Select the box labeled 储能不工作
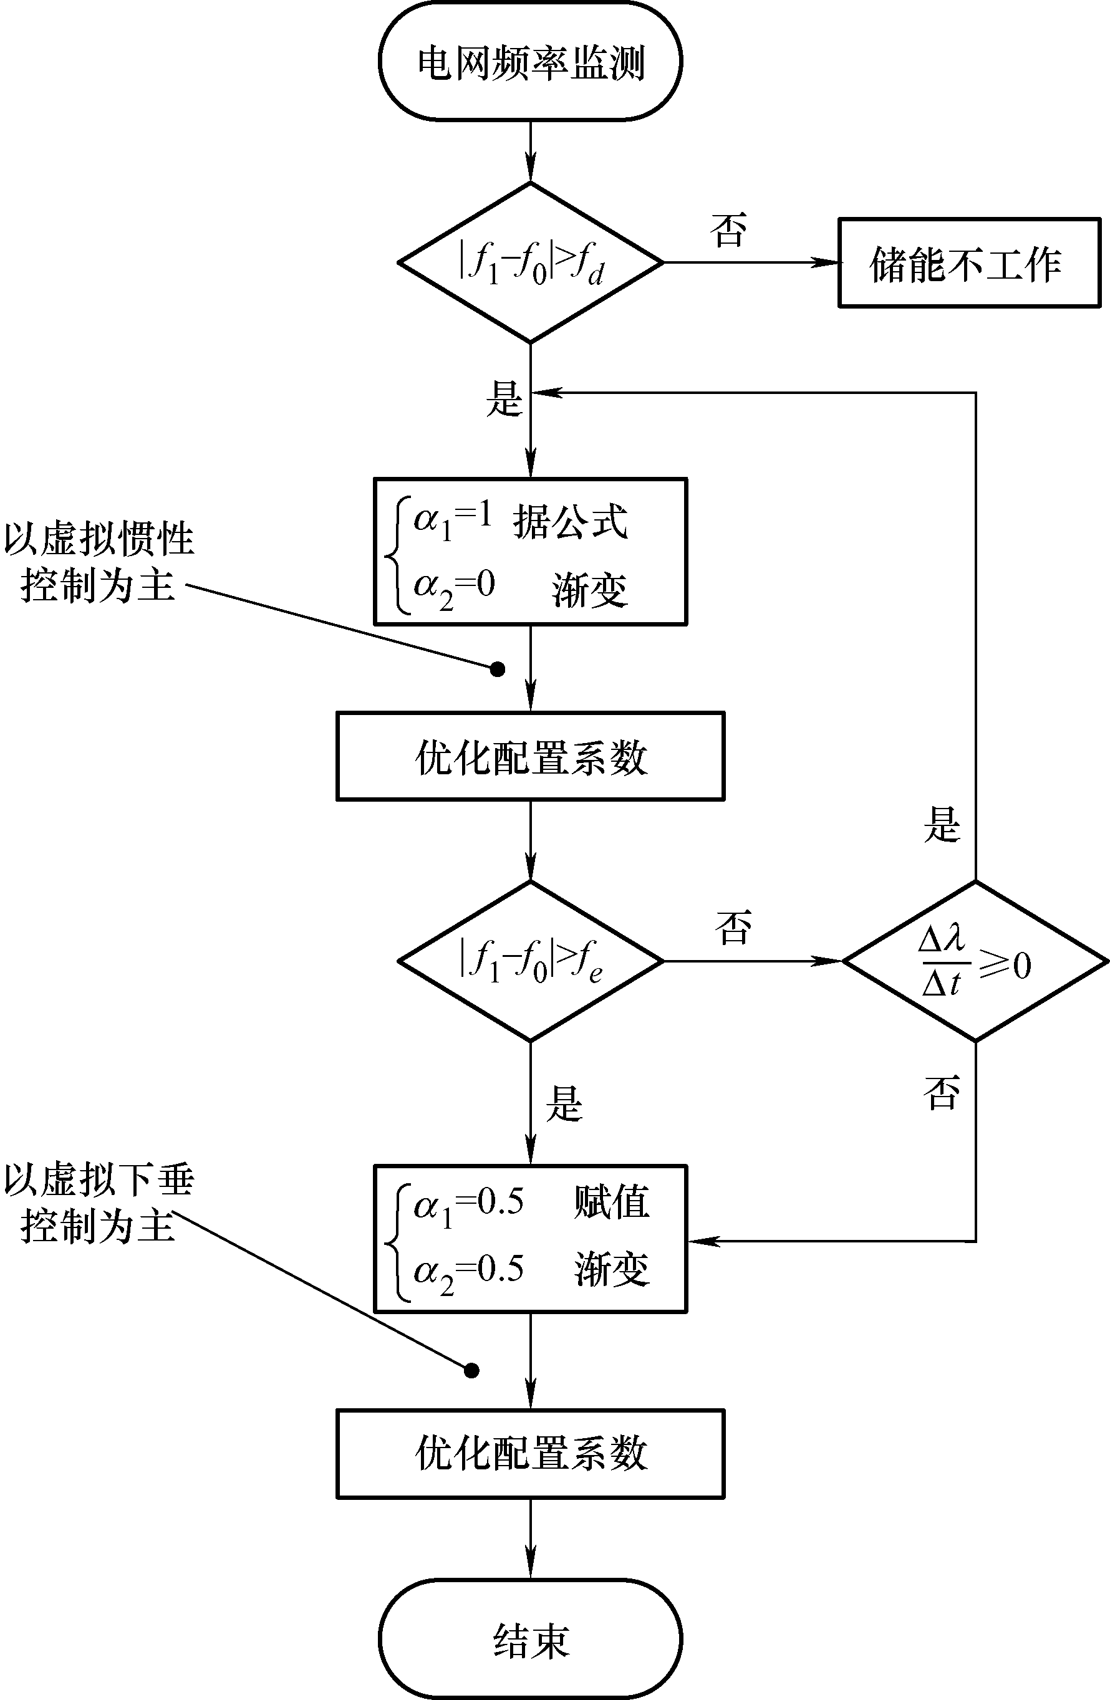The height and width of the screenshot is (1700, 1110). pos(969,263)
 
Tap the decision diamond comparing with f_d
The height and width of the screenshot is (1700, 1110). pos(531,263)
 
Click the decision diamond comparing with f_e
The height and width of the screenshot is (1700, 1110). pos(531,961)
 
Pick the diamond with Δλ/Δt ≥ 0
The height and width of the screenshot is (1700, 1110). pos(976,961)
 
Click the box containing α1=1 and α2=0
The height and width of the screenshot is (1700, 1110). pos(531,552)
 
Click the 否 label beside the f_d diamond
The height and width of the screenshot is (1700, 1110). pos(728,230)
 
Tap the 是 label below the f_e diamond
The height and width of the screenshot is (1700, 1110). pos(564,1103)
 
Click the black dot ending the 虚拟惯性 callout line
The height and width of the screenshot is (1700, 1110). pos(498,670)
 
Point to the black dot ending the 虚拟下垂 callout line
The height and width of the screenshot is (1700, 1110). pos(471,1371)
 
